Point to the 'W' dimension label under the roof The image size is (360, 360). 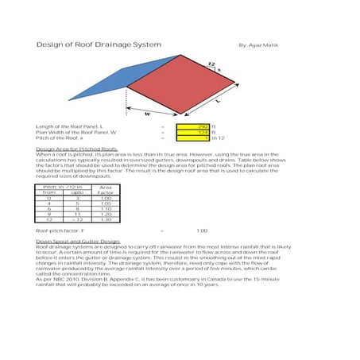147,114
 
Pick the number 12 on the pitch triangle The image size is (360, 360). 210,63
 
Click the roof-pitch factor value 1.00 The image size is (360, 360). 201,230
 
